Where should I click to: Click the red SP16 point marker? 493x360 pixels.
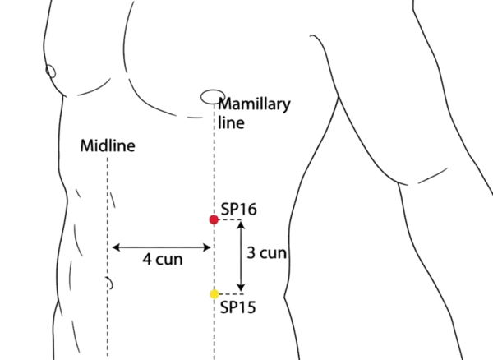[214, 219]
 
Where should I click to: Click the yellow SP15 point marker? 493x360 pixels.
[214, 294]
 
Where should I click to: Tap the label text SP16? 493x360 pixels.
[239, 210]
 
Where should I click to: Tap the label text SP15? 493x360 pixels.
[238, 308]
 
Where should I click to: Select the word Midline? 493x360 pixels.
[108, 146]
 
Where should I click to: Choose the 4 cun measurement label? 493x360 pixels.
[163, 258]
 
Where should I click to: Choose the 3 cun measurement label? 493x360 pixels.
[267, 253]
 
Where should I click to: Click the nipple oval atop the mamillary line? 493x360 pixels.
[210, 96]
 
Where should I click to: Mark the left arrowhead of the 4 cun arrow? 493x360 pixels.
[114, 246]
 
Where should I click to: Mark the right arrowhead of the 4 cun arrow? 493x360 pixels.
[207, 246]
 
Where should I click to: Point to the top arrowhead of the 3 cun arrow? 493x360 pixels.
[240, 225]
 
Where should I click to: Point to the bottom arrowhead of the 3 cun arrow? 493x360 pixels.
[240, 288]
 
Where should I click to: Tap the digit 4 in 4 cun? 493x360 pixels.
[147, 258]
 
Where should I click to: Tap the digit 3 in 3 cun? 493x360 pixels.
[251, 253]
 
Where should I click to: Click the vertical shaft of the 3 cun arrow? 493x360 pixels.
[240, 256]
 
